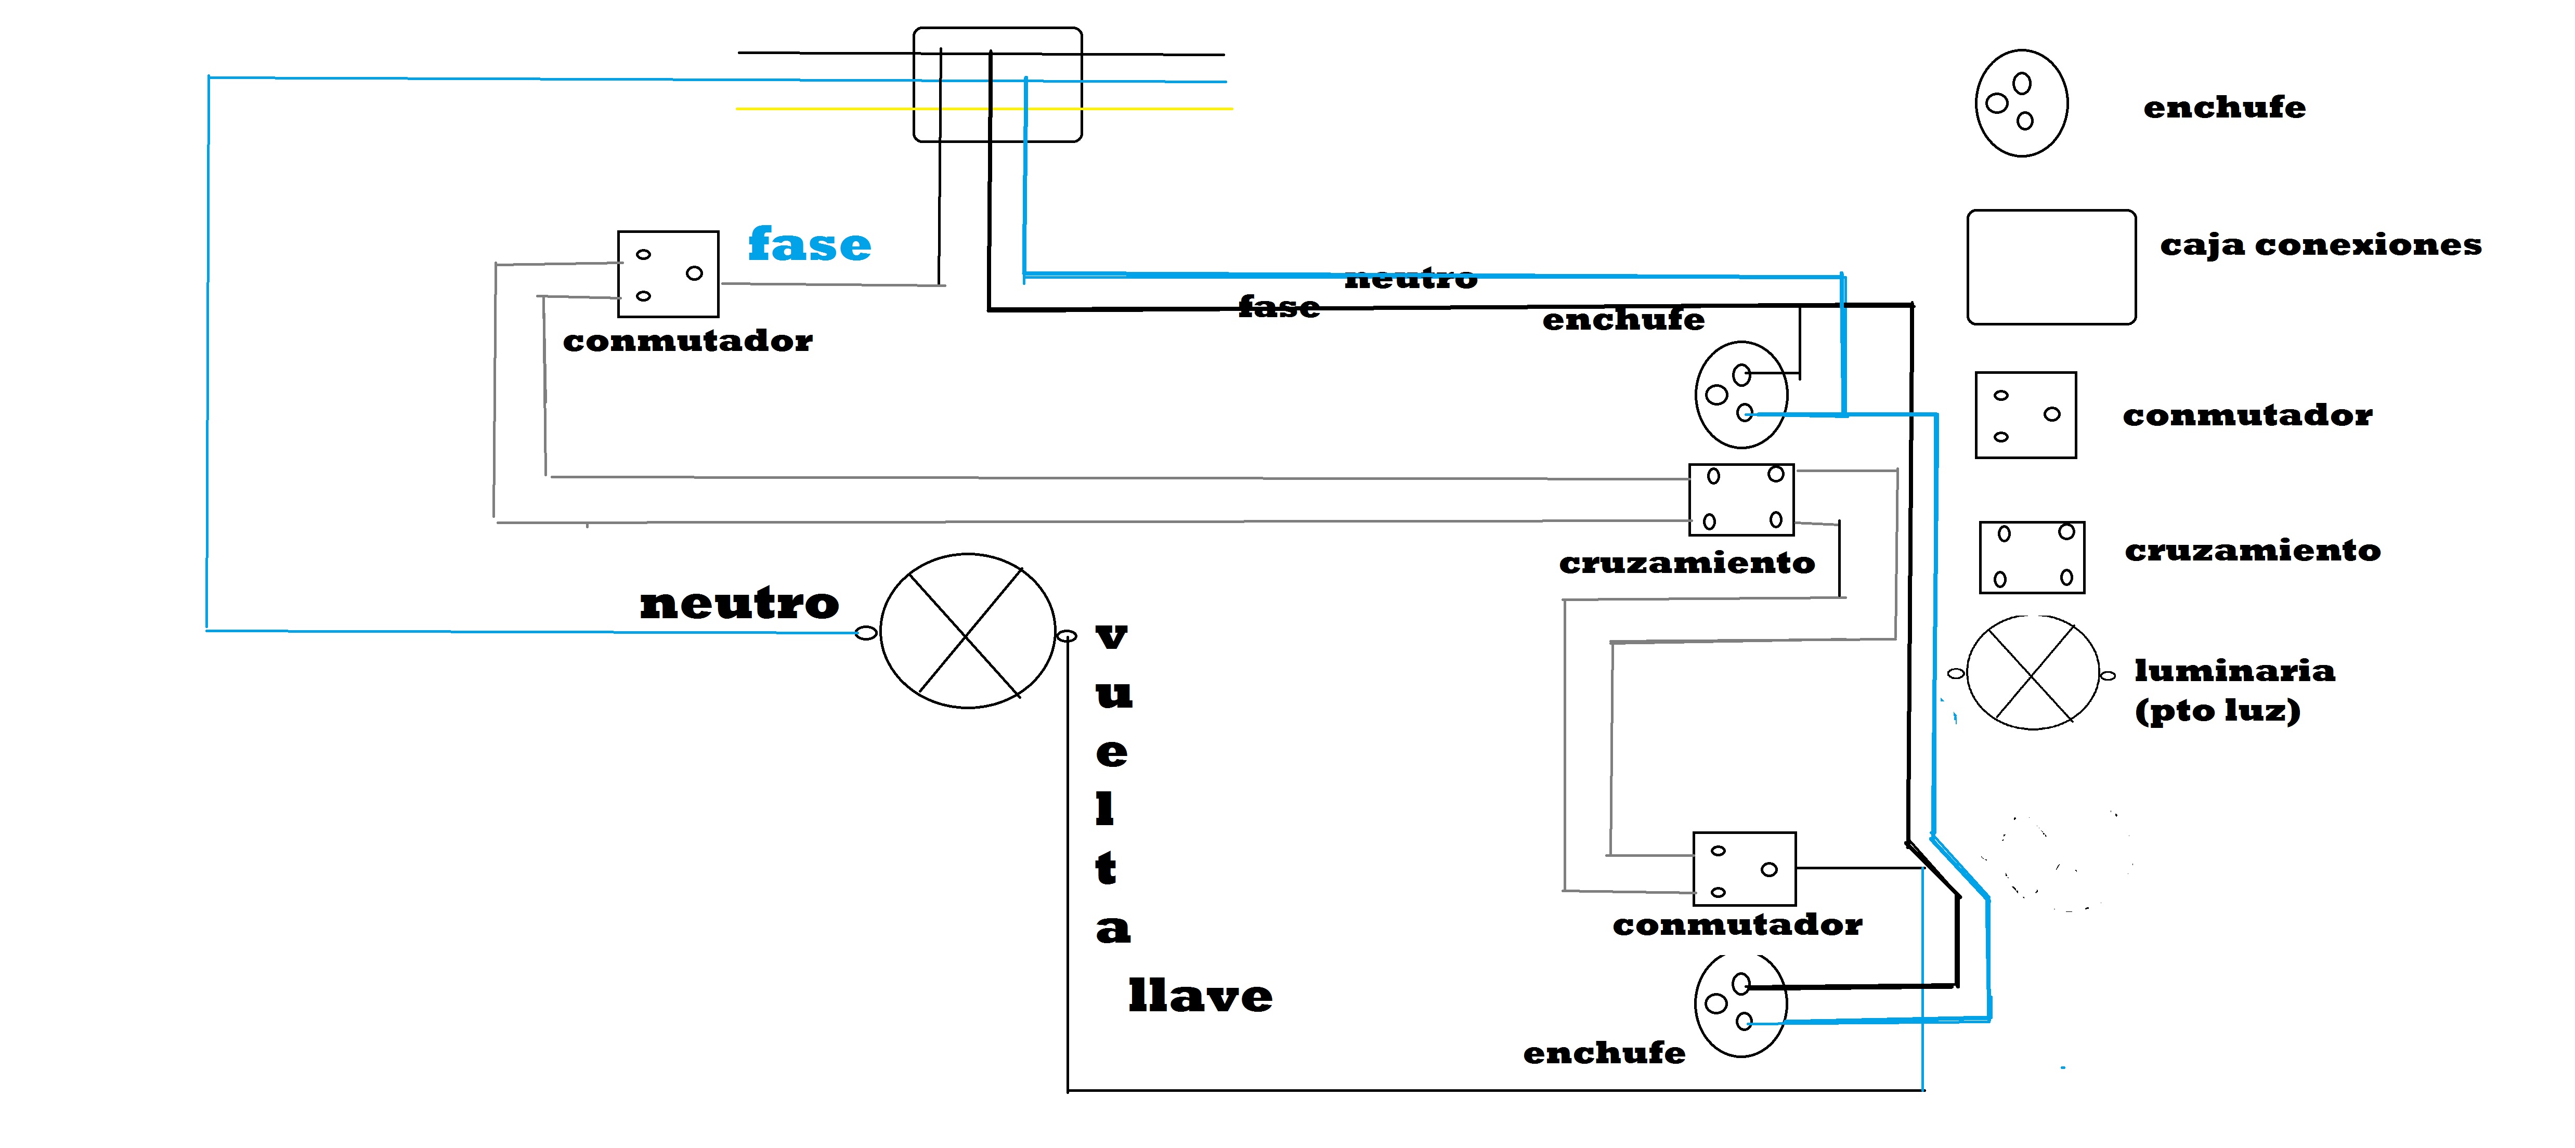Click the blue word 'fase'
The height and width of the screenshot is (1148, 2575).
810,245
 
